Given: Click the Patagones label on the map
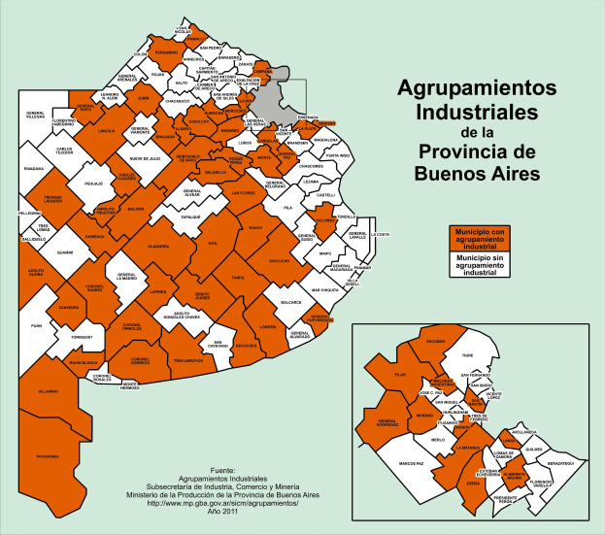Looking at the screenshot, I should (49, 455).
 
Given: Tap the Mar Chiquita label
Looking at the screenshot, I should (327, 290).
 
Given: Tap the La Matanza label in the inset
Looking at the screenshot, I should (469, 448).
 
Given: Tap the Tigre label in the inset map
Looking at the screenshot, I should (465, 357).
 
